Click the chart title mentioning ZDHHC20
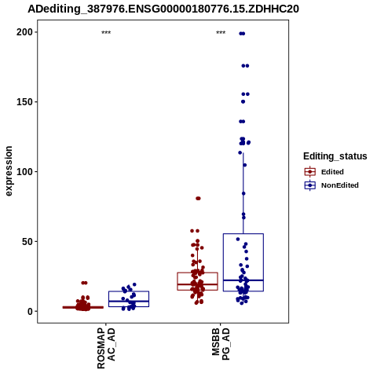click(x=163, y=9)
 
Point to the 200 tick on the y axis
click(x=25, y=32)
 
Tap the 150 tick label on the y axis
click(x=25, y=102)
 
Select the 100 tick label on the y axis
click(x=25, y=172)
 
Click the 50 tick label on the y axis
click(x=27, y=242)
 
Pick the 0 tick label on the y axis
click(x=31, y=312)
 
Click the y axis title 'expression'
click(x=9, y=171)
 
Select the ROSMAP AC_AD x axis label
click(x=106, y=348)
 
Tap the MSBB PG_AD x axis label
click(x=221, y=344)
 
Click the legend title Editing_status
click(x=335, y=156)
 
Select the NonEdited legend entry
click(x=331, y=185)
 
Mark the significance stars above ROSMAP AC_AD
click(x=106, y=33)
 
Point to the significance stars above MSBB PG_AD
click(x=221, y=33)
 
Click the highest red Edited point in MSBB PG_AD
click(x=198, y=199)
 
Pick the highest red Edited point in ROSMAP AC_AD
click(x=84, y=283)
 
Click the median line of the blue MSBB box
click(x=243, y=280)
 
